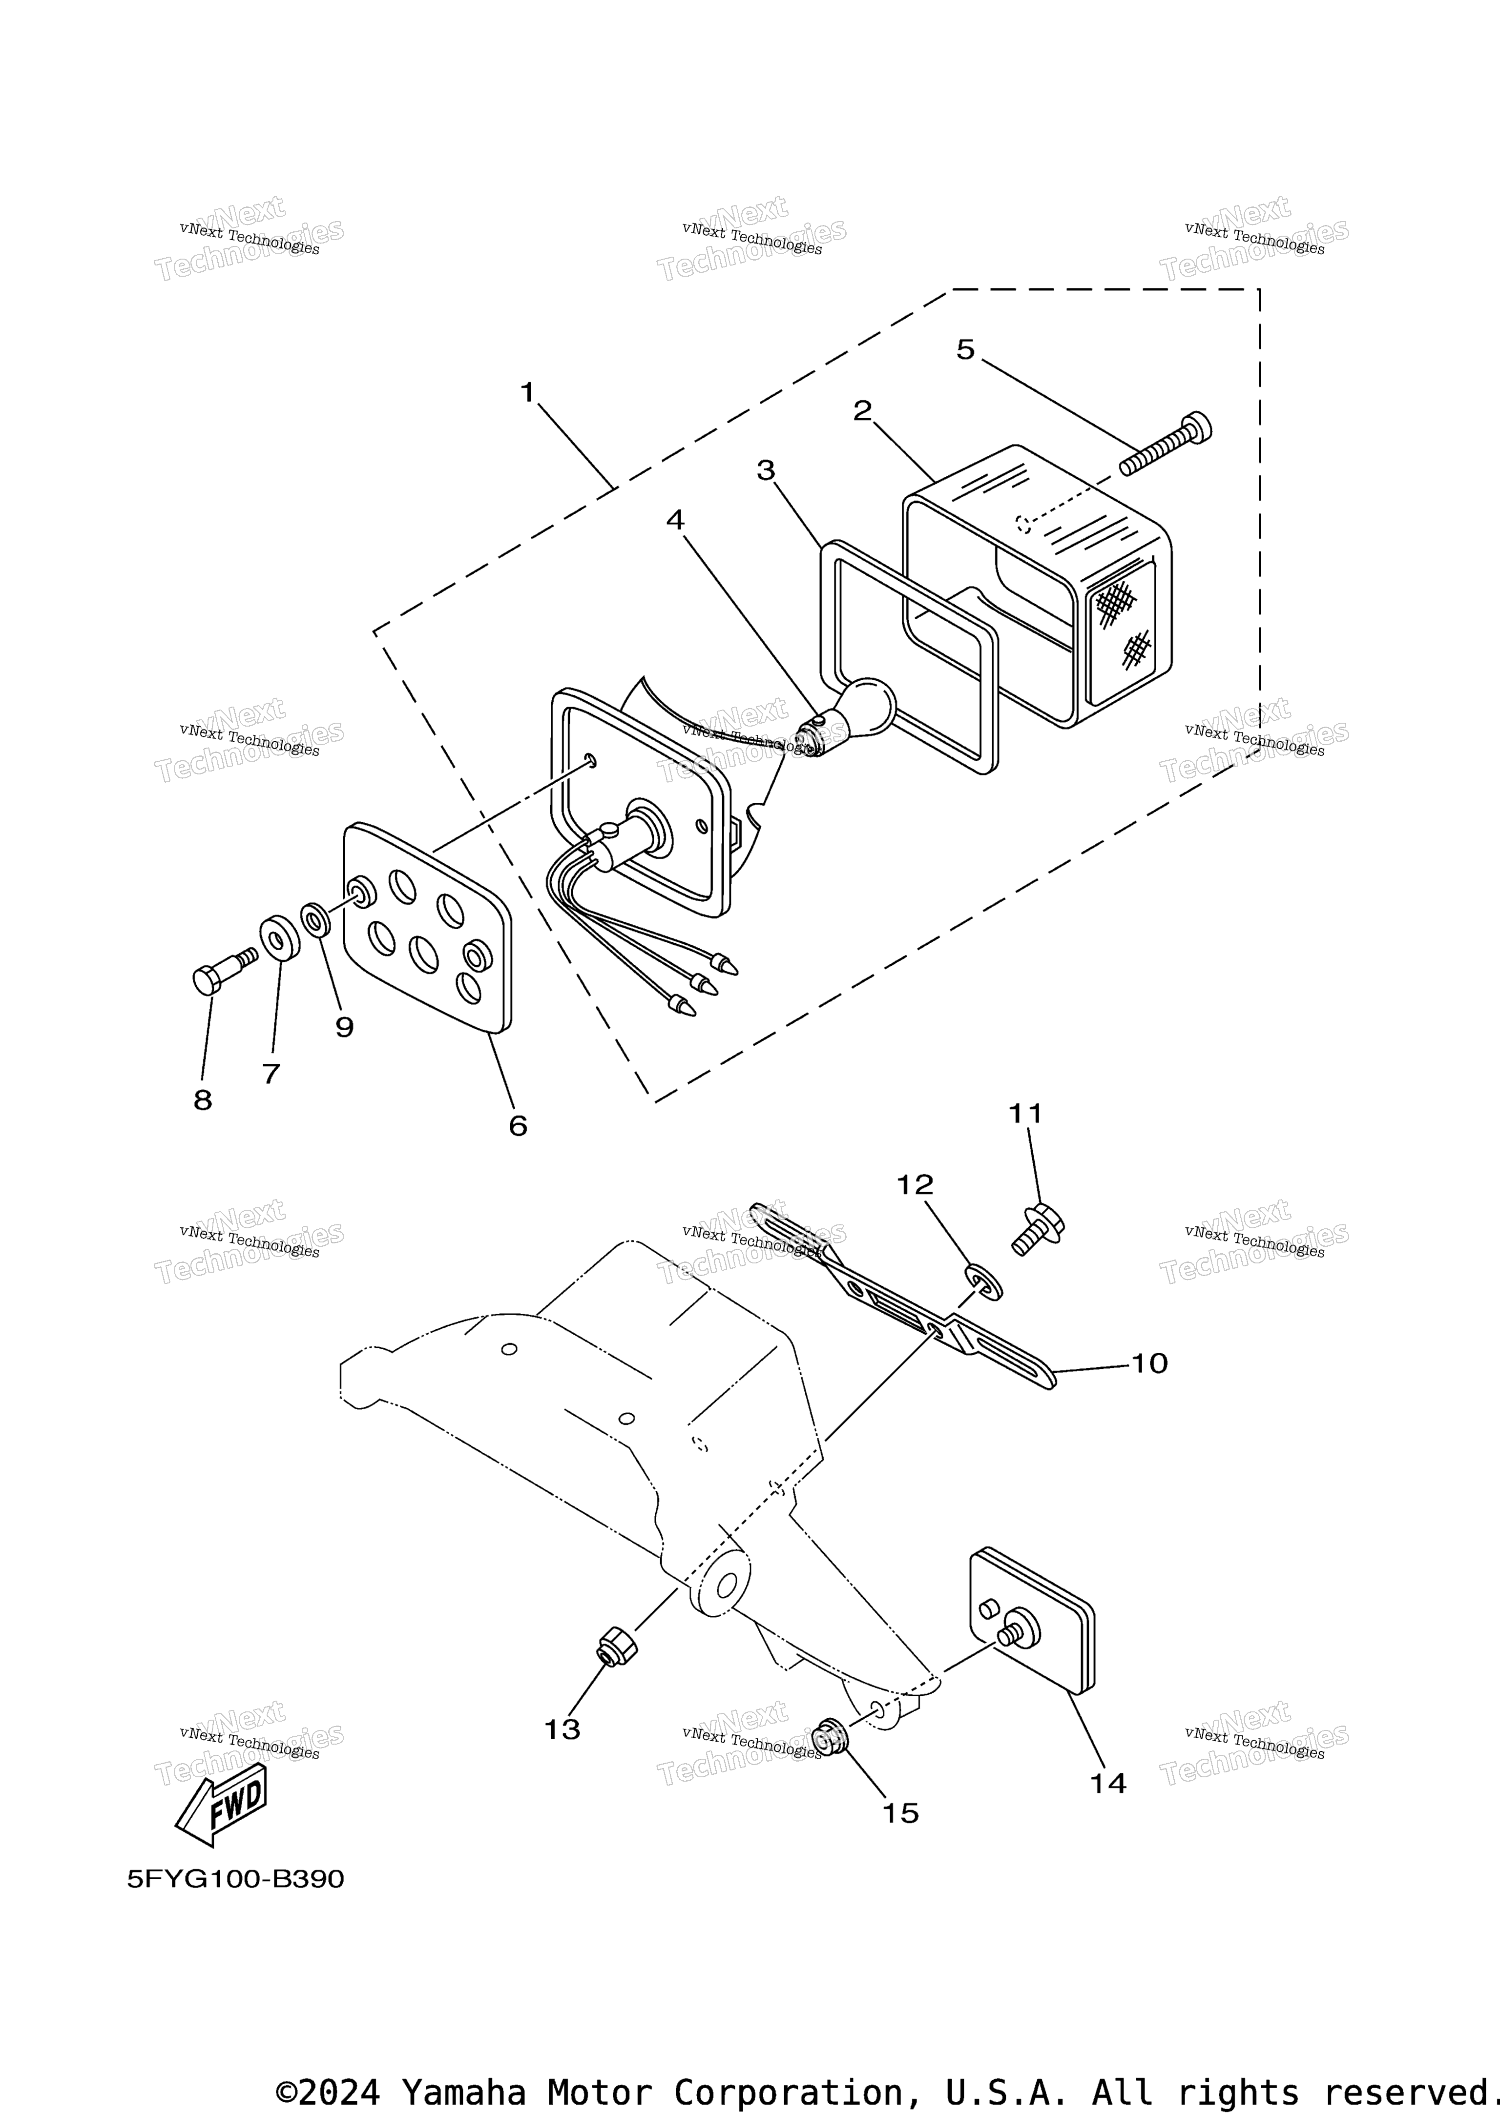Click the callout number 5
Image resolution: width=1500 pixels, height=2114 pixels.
pos(965,350)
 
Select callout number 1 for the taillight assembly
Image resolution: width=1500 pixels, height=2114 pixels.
pos(527,392)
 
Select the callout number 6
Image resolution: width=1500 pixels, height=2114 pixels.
pos(518,1125)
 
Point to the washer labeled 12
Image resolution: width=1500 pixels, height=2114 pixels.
pos(984,1282)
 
